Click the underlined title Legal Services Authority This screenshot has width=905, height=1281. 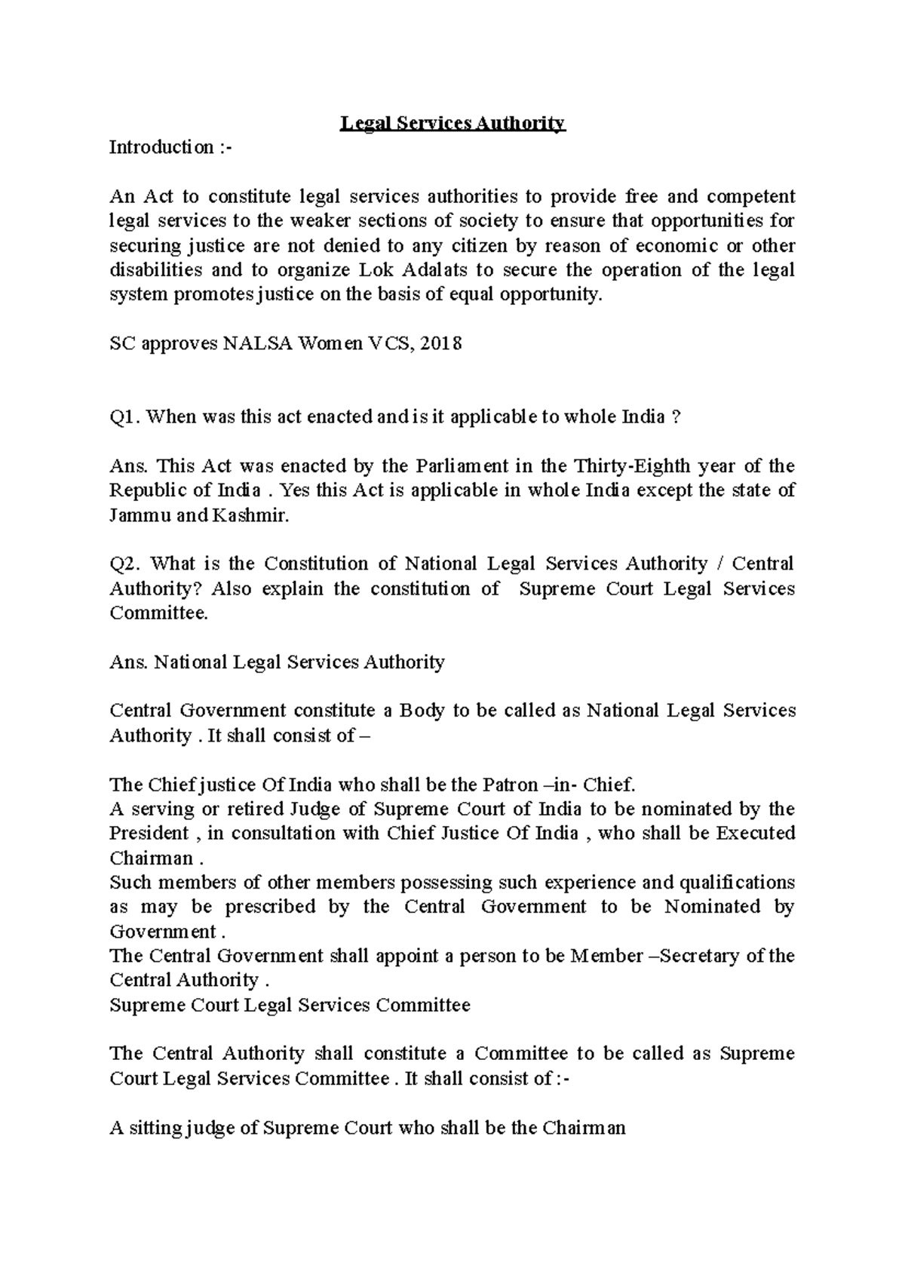point(452,123)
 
